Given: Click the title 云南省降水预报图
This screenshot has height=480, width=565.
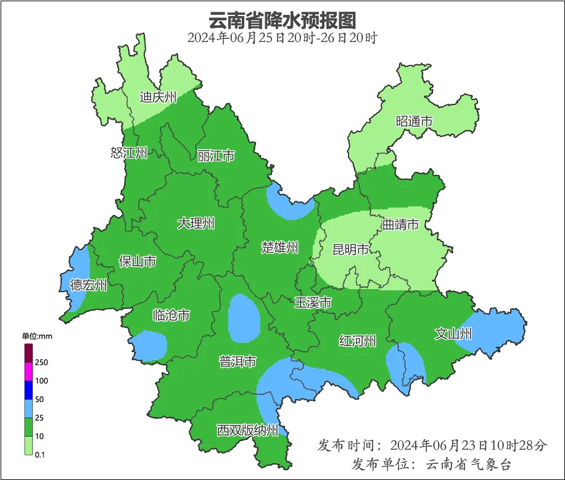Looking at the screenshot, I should (x=282, y=20).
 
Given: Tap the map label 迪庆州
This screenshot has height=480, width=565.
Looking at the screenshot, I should (x=158, y=97).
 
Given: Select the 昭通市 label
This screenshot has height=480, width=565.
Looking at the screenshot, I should (x=414, y=122).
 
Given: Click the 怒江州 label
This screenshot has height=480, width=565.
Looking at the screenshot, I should (x=129, y=153).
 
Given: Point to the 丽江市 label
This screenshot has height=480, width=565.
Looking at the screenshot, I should (x=216, y=156).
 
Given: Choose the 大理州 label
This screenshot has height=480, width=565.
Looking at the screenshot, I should (x=196, y=223).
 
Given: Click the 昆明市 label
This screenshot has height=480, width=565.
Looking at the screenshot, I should (x=350, y=250).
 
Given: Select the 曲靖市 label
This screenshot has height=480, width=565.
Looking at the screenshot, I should (x=400, y=224).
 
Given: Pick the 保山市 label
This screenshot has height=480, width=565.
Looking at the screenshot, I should (x=137, y=262).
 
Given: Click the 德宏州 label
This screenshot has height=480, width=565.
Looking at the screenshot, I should (x=88, y=285).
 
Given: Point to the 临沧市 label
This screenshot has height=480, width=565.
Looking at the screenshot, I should (x=171, y=316).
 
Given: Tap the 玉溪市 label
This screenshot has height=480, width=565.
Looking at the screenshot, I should (x=313, y=303).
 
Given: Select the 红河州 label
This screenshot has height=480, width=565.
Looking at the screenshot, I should (x=357, y=340).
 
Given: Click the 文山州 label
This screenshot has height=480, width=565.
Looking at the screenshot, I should (x=453, y=334).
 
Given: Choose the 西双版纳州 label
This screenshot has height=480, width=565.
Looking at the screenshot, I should (x=247, y=430).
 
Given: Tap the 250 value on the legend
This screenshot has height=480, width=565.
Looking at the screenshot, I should (x=42, y=362).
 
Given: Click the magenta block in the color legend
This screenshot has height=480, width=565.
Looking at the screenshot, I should (x=28, y=371).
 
